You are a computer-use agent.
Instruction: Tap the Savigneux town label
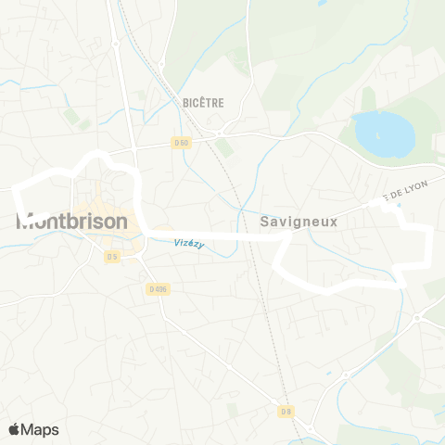pos(297,222)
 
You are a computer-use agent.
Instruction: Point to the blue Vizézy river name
pos(188,244)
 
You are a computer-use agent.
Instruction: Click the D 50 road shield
pos(181,143)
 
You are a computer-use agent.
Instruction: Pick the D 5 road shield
pos(112,257)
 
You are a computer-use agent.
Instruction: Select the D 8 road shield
pos(286,411)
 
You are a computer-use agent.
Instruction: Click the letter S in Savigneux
pos(265,222)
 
